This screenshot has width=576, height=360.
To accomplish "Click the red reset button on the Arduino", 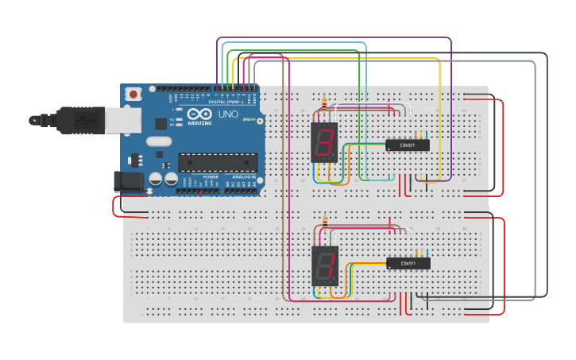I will tap(133, 94).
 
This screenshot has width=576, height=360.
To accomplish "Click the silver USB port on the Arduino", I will tap(127, 120).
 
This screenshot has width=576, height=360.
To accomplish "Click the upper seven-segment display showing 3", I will tap(324, 143).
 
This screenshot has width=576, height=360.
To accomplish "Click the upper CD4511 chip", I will tap(408, 145).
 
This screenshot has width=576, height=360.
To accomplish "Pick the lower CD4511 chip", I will tap(408, 263).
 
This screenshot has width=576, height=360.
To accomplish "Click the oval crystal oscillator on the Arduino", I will tap(159, 141).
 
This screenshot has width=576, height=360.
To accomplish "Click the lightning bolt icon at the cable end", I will tap(33, 121).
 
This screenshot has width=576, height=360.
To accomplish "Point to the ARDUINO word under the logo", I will tap(199, 123).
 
